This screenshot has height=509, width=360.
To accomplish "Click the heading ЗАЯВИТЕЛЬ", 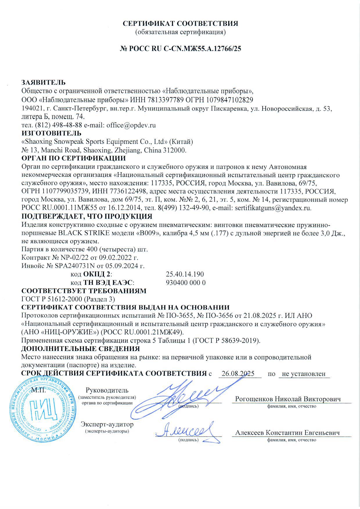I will [x=44, y=83].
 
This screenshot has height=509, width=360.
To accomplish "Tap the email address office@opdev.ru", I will [x=131, y=125].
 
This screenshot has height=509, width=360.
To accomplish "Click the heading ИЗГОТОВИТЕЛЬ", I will [x=51, y=134].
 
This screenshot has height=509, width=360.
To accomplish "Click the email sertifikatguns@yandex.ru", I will [x=273, y=208].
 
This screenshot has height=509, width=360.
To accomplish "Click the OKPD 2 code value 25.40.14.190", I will [x=185, y=274].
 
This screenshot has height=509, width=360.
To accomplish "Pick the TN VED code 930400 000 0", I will [x=186, y=283].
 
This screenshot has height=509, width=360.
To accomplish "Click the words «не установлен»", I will [x=304, y=374].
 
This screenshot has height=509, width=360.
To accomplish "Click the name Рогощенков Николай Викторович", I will [x=287, y=399].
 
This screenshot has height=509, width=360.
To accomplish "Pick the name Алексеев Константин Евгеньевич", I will [x=287, y=433].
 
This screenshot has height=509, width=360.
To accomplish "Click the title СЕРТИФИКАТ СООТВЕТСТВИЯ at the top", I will [x=180, y=23].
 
